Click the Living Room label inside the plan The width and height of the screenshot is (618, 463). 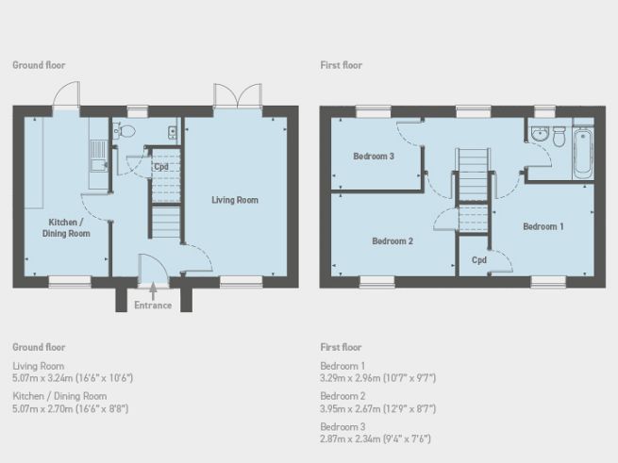(235, 200)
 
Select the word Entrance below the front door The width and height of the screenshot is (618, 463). (153, 305)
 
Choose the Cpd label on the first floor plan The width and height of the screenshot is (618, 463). (478, 260)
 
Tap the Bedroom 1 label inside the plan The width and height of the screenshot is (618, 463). (543, 226)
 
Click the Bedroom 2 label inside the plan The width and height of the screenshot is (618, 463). (393, 240)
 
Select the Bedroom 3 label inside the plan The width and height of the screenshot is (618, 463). (374, 157)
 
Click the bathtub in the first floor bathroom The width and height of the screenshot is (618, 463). (582, 153)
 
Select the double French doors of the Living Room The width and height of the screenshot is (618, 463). (236, 97)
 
